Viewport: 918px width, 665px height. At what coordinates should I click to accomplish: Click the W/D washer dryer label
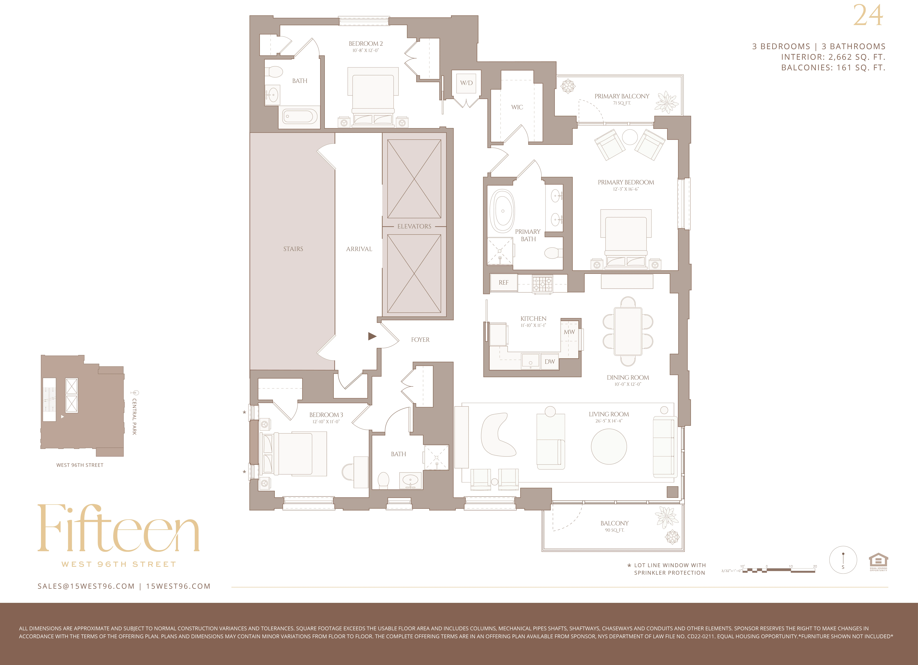click(466, 83)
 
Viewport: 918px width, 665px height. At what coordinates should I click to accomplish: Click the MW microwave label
click(569, 332)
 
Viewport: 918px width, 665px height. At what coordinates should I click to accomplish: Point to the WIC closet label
click(517, 107)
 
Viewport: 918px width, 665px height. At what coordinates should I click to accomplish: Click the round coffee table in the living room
click(609, 446)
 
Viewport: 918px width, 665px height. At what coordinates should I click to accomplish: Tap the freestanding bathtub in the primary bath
click(502, 211)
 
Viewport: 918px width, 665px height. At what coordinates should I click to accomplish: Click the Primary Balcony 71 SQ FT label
click(622, 99)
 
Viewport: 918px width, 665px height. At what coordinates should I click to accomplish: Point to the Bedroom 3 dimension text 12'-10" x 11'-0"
click(326, 422)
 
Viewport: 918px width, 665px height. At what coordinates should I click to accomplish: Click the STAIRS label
click(293, 249)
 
